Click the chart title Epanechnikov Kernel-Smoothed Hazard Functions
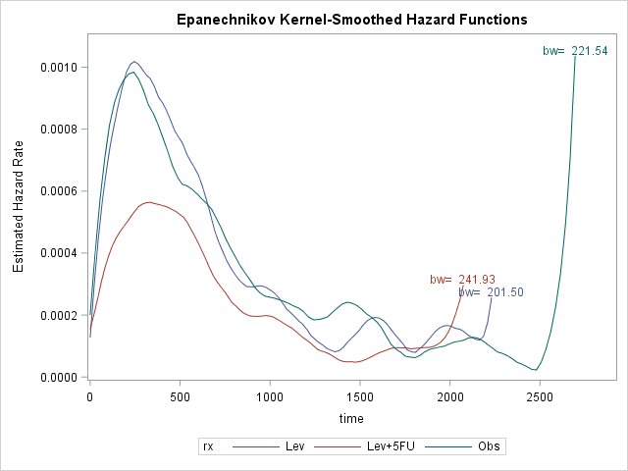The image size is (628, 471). point(351,20)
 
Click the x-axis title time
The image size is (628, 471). point(351,419)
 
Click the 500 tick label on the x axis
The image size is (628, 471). point(180,396)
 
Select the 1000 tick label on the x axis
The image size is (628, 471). point(270,396)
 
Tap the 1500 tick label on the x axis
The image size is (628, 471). point(360,396)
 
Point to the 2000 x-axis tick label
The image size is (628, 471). point(449,396)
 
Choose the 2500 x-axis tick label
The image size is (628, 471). point(540,396)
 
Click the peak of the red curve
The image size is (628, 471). point(147,202)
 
